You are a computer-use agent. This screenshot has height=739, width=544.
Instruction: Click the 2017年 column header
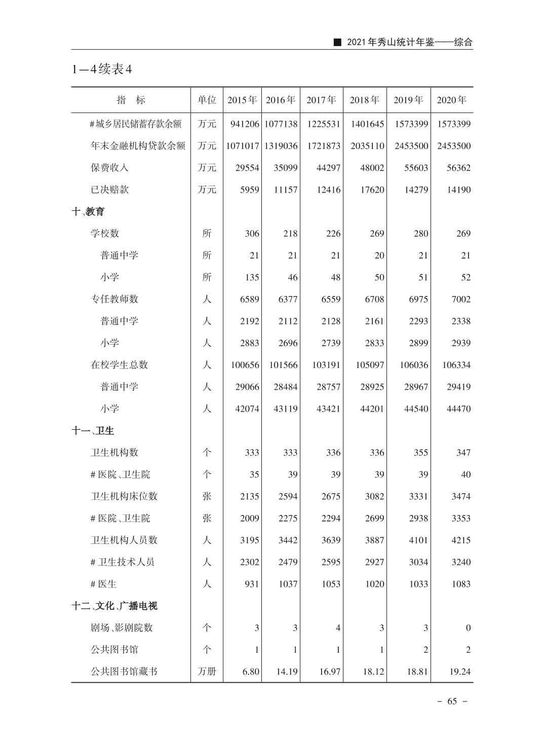[321, 100]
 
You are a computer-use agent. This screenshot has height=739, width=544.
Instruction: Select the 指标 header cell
[131, 100]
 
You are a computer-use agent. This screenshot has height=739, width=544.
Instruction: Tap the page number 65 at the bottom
[452, 701]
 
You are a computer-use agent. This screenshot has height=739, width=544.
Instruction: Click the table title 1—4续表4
[102, 69]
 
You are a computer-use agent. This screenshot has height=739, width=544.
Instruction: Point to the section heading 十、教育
[88, 211]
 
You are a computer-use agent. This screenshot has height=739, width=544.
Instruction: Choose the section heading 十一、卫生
[93, 430]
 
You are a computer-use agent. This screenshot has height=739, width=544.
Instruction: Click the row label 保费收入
[109, 168]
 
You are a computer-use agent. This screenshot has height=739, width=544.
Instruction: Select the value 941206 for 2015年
[245, 124]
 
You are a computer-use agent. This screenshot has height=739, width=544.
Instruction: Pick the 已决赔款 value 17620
[372, 190]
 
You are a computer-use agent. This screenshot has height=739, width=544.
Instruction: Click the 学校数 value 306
[252, 234]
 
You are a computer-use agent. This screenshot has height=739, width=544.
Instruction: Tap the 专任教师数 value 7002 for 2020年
[461, 299]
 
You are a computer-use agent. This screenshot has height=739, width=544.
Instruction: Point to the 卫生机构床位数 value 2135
[249, 496]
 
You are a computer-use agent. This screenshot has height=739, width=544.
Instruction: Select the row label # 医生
[103, 584]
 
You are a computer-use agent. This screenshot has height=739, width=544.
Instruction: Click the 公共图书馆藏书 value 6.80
[251, 672]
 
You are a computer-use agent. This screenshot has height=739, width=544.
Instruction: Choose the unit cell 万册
[207, 672]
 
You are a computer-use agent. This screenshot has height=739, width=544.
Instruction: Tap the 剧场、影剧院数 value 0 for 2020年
[468, 628]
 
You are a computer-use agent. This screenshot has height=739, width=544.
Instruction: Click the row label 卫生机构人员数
[124, 540]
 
